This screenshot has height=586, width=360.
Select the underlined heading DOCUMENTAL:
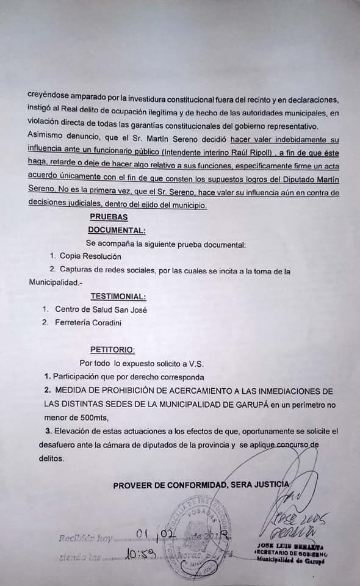pos(117,230)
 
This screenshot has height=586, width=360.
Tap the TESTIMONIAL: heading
pos(118,297)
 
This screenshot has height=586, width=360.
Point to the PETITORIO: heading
pos(112,350)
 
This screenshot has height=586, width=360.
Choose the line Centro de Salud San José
pos(101,309)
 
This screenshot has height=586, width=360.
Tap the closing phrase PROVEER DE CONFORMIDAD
pos(170,485)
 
